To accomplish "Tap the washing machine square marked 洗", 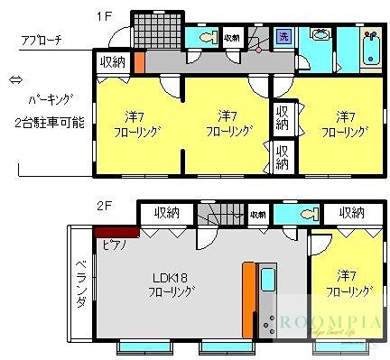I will tap(283, 37).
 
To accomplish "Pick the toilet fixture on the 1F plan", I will tap(205, 37).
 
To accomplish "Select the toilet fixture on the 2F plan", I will tap(289, 215).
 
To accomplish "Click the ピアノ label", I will tap(113, 244).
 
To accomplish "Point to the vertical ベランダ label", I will tap(79, 282).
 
